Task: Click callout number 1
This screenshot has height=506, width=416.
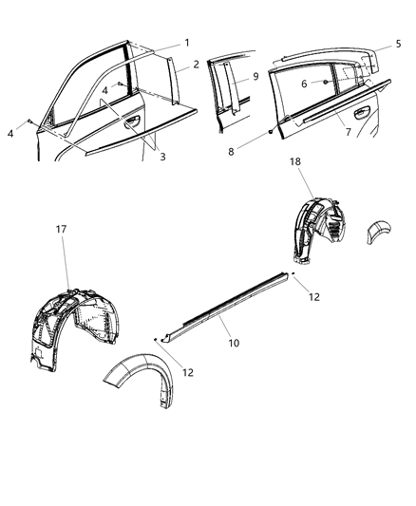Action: (x=186, y=43)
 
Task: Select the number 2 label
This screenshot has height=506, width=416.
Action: (x=197, y=65)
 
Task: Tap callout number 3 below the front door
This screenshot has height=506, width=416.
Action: (x=162, y=157)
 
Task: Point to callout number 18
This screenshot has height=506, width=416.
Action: (x=296, y=163)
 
